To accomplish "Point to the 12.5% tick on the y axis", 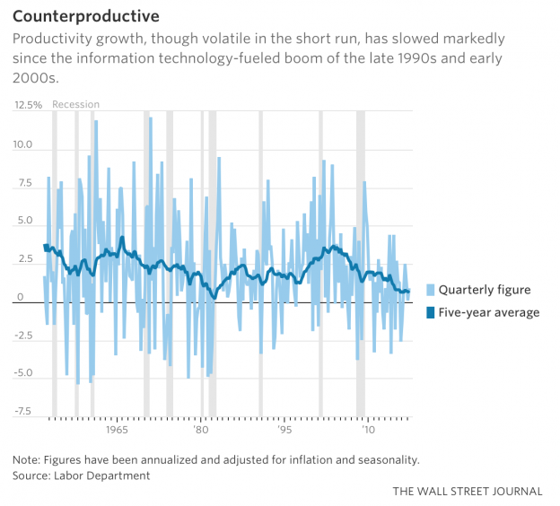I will click(28, 105).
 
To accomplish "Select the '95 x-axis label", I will click(284, 430).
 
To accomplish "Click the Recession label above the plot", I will click(76, 105).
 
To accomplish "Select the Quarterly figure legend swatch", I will click(430, 290).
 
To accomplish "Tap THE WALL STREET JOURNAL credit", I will click(467, 492).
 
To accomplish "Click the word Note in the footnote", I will click(26, 459).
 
